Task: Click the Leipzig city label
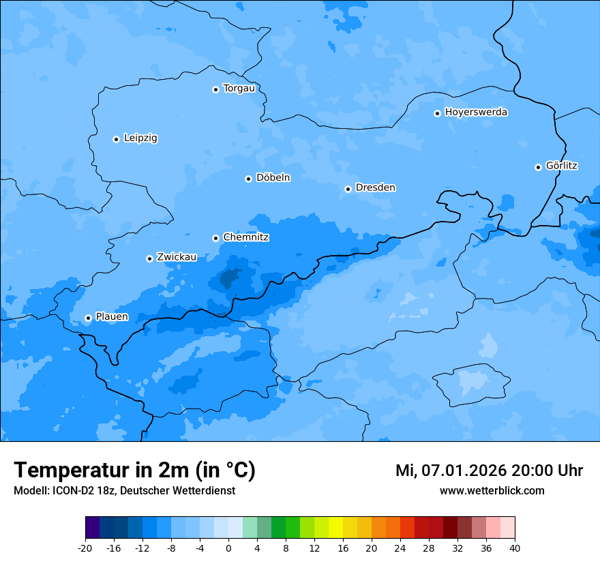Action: click(x=140, y=138)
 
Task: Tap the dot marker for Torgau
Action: click(x=215, y=89)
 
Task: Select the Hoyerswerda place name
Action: click(x=476, y=113)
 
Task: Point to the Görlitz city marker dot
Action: click(x=538, y=167)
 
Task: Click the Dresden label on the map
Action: click(x=375, y=188)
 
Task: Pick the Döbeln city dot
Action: click(x=248, y=179)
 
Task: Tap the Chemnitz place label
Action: click(x=245, y=237)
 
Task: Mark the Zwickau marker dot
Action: click(x=149, y=258)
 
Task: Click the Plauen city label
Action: click(x=112, y=317)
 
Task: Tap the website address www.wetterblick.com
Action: click(x=492, y=490)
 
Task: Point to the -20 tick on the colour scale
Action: click(x=85, y=548)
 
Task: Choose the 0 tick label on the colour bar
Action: click(x=228, y=548)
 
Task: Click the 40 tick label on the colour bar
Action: click(x=515, y=548)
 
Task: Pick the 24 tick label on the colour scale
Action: click(x=400, y=548)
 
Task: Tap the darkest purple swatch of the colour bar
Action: click(x=92, y=528)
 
